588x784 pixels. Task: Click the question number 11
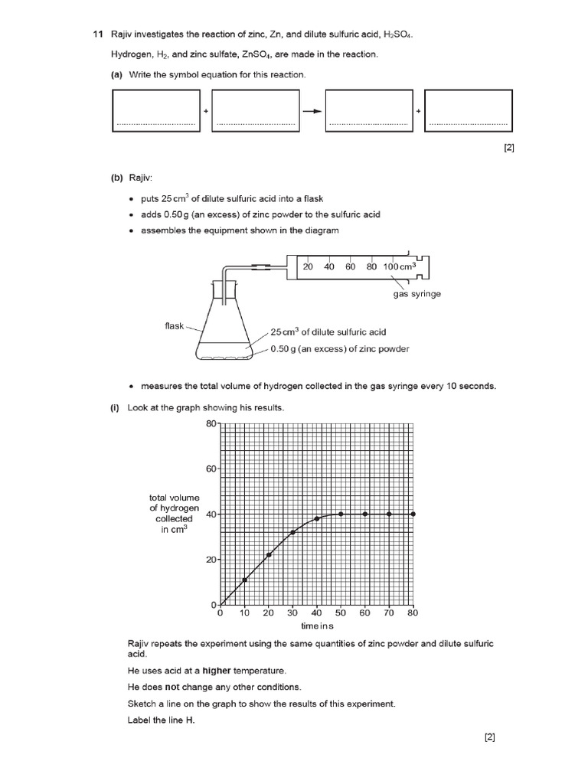click(97, 35)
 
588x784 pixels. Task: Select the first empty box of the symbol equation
click(155, 111)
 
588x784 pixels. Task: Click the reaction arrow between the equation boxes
click(312, 111)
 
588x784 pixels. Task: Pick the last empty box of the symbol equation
click(468, 111)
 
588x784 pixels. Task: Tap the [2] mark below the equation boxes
click(508, 149)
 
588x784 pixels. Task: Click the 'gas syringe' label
click(416, 294)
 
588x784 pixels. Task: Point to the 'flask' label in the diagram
click(175, 325)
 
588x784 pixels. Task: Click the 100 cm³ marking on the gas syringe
click(399, 266)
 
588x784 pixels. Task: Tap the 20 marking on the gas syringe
click(308, 266)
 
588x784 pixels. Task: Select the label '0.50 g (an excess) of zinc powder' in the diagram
click(339, 349)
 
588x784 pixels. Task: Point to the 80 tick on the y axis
click(211, 423)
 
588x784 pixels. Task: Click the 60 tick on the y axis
click(211, 468)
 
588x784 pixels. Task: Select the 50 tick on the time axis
click(341, 613)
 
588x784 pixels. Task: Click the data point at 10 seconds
click(244, 580)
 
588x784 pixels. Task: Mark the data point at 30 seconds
click(292, 532)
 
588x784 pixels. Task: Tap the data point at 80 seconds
click(413, 514)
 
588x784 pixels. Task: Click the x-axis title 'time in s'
click(316, 626)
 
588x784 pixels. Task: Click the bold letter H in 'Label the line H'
click(190, 720)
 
